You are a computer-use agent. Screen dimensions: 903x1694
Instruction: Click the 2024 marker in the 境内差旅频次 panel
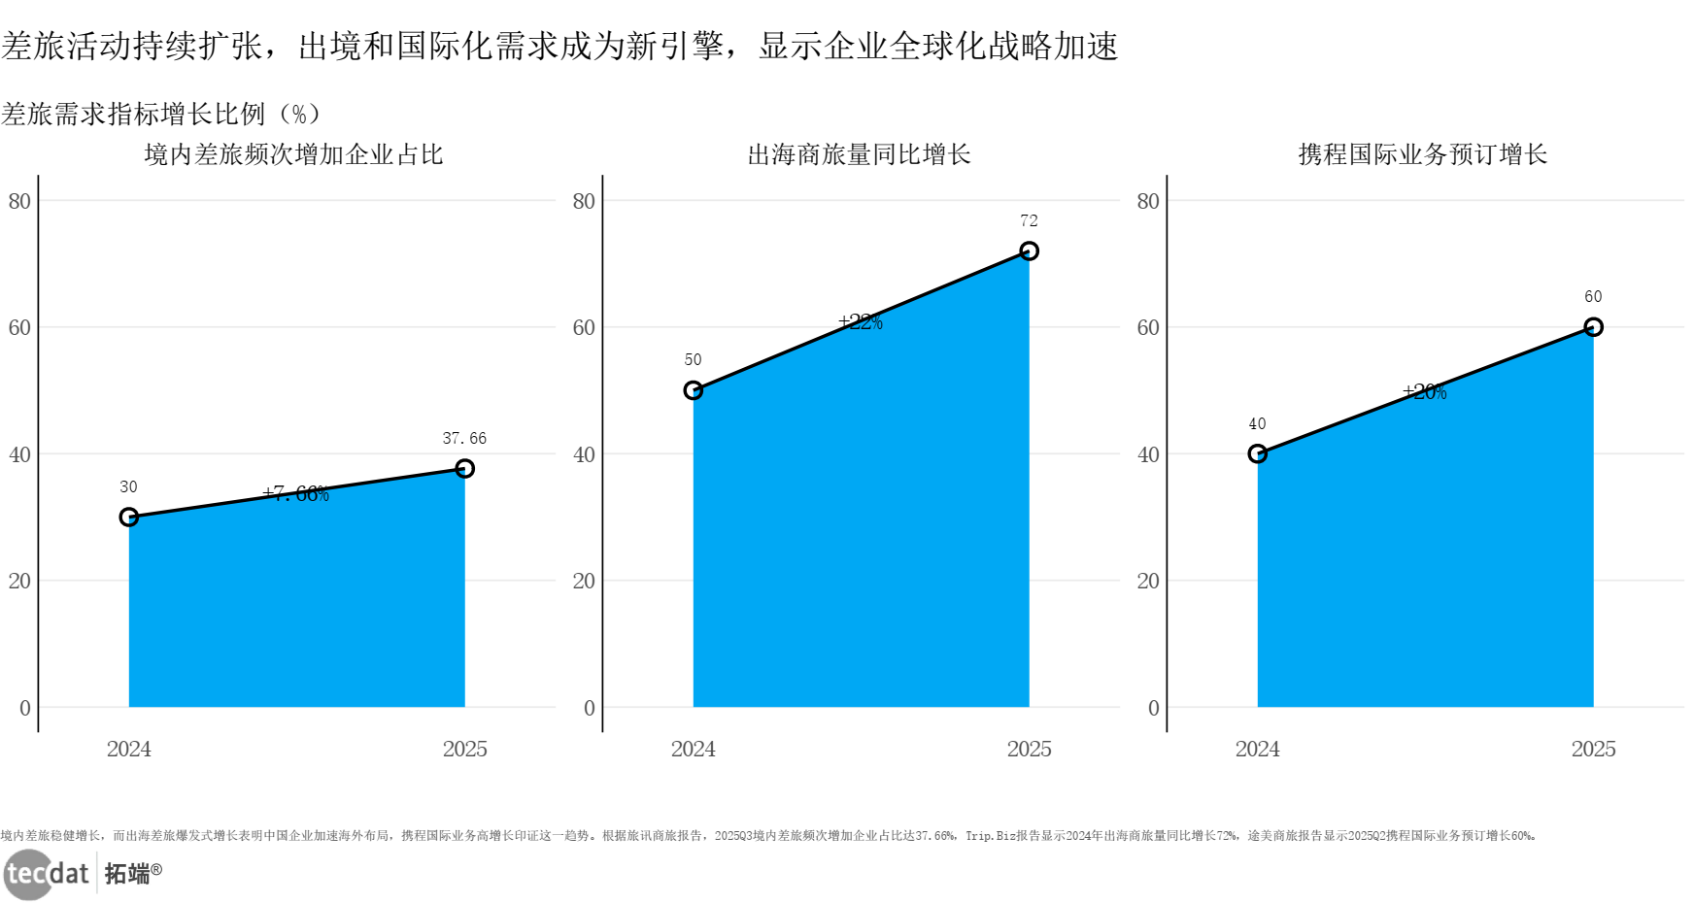point(129,518)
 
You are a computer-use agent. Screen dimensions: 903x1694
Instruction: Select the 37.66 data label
point(464,439)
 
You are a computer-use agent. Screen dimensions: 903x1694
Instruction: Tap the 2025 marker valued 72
point(1029,251)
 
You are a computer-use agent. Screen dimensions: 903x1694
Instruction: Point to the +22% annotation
point(861,322)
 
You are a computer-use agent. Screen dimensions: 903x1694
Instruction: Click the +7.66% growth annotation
point(296,494)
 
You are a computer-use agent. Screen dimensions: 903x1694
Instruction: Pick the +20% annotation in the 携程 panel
point(1425,392)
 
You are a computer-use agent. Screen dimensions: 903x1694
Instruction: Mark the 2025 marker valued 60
point(1593,327)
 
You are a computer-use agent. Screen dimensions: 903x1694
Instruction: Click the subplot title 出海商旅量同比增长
point(859,154)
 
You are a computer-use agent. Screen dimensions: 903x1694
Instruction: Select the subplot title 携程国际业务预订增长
point(1422,154)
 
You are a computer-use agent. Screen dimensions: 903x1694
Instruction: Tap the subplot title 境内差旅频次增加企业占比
point(293,154)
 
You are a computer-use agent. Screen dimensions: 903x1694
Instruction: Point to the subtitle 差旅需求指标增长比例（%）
point(161,115)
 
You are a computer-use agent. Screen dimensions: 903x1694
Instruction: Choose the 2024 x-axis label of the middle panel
point(693,750)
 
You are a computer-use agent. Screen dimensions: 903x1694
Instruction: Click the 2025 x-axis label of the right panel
point(1593,750)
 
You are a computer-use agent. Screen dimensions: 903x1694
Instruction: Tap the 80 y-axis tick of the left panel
point(19,201)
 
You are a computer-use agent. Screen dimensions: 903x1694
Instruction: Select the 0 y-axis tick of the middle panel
point(589,708)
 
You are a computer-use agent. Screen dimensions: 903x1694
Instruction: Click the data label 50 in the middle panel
point(693,360)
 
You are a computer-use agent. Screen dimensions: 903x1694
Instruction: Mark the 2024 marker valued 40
point(1257,453)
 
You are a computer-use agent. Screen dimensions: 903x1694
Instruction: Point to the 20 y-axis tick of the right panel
point(1148,581)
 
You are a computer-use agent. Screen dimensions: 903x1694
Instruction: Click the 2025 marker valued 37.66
point(464,469)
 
